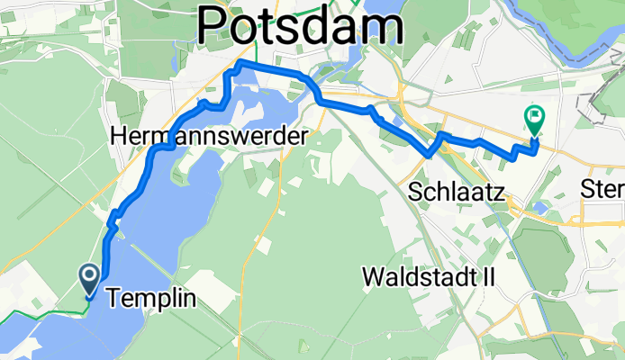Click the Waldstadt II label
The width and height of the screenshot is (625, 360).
click(x=429, y=276)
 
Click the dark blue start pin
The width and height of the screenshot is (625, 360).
click(x=91, y=279)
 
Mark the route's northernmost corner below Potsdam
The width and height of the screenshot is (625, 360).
click(x=239, y=63)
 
